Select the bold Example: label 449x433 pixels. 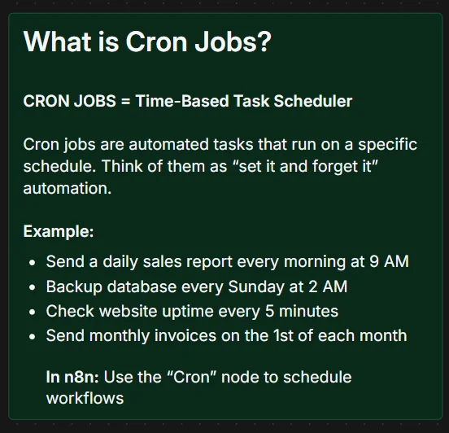[59, 231]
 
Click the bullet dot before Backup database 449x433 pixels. [32, 287]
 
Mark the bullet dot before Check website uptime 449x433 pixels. [32, 312]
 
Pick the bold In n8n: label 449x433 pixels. [71, 378]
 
